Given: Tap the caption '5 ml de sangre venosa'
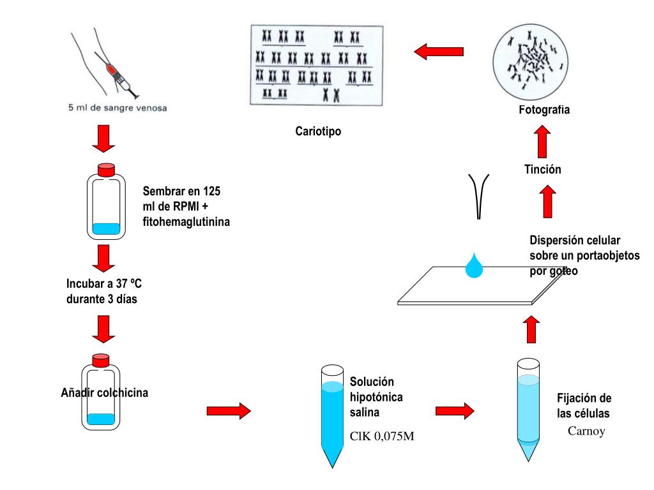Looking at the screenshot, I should pyautogui.click(x=118, y=108).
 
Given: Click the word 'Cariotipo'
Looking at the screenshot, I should pyautogui.click(x=318, y=132).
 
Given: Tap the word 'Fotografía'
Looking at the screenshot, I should pyautogui.click(x=544, y=110).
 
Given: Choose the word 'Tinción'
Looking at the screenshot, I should pyautogui.click(x=542, y=170).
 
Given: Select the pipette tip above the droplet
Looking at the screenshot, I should pyautogui.click(x=478, y=195).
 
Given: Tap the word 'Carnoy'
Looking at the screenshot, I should pyautogui.click(x=586, y=431).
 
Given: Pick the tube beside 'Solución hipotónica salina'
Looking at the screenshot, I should pyautogui.click(x=332, y=415).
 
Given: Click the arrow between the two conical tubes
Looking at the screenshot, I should pyautogui.click(x=455, y=410).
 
